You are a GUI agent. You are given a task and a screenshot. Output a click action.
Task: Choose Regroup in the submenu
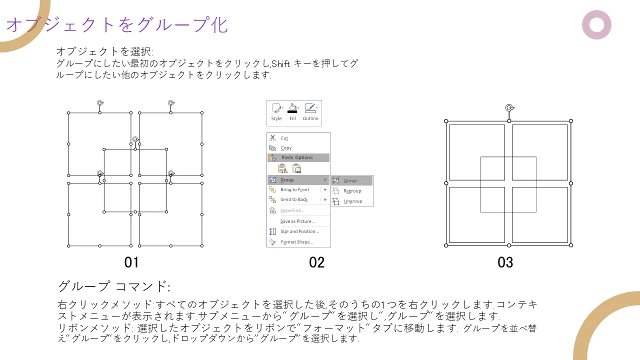pyautogui.click(x=352, y=191)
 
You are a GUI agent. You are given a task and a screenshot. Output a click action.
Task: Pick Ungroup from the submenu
pyautogui.click(x=352, y=201)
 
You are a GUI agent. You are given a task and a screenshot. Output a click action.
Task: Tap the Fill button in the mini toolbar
pyautogui.click(x=292, y=112)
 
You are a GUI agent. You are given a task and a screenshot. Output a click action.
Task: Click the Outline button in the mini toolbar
pyautogui.click(x=310, y=112)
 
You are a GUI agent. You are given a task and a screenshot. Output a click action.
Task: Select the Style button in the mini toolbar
pyautogui.click(x=276, y=112)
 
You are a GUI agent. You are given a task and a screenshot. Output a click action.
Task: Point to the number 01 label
pyautogui.click(x=131, y=262)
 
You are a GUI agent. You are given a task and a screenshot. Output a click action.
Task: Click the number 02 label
pyautogui.click(x=316, y=262)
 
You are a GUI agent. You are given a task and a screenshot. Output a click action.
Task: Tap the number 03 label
pyautogui.click(x=505, y=262)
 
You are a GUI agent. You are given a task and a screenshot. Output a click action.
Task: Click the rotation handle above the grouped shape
pyautogui.click(x=509, y=108)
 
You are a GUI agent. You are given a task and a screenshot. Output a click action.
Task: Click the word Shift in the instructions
pyautogui.click(x=280, y=63)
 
